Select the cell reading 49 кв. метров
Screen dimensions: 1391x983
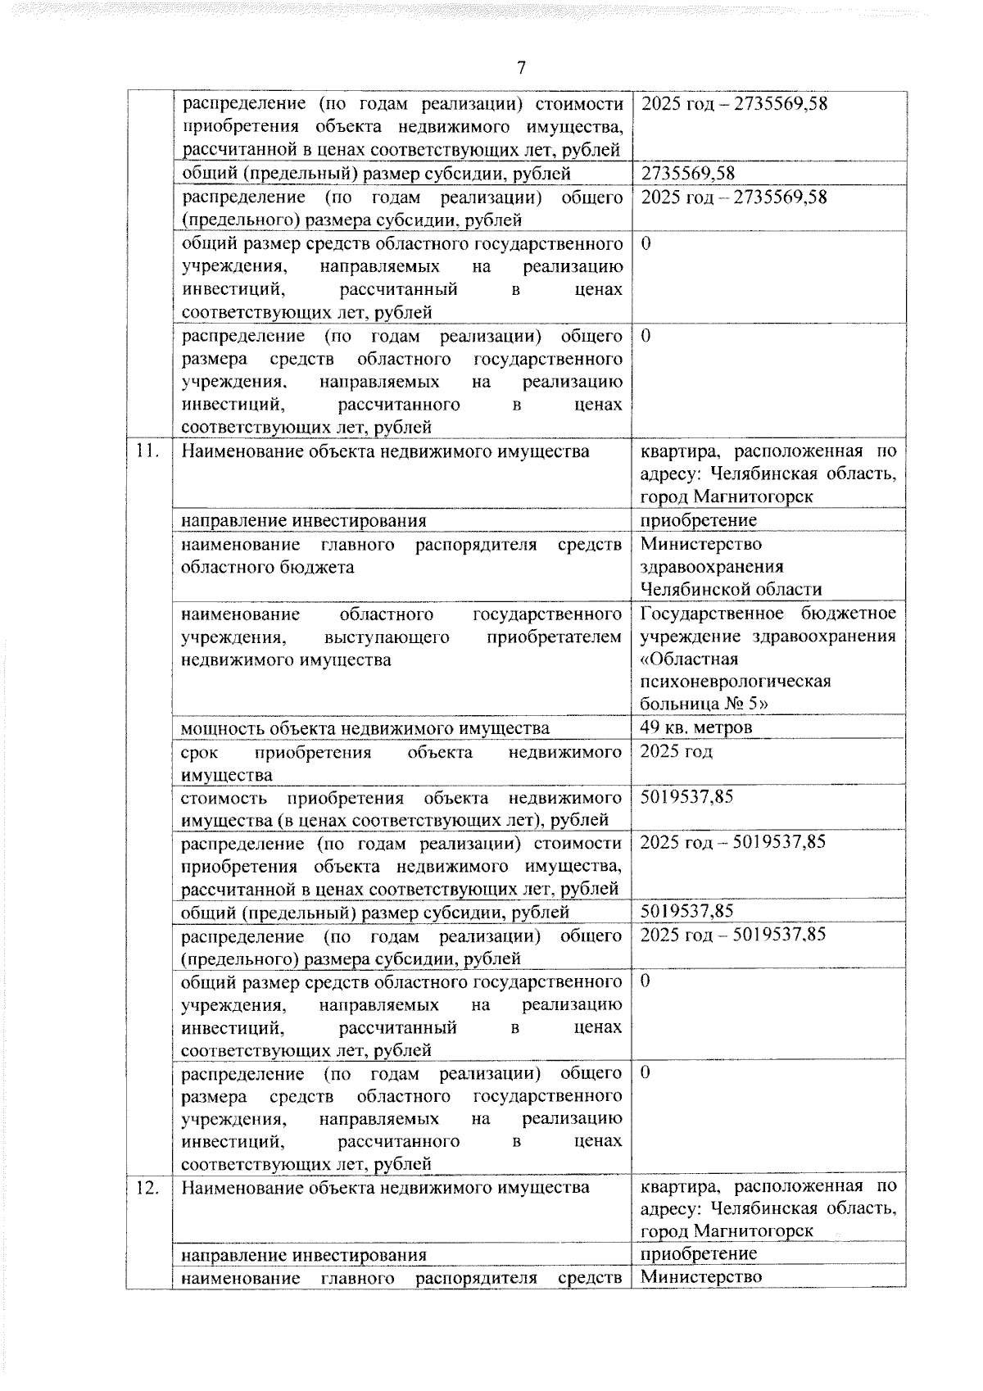point(696,727)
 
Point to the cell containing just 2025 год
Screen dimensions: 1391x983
point(676,751)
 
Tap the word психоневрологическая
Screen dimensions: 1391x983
point(724,682)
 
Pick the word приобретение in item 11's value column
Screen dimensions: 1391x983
point(699,521)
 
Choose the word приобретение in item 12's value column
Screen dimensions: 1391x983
point(699,1254)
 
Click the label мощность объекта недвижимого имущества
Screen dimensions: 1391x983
point(365,728)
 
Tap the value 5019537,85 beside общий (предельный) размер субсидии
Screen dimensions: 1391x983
point(686,912)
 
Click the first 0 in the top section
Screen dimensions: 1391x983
point(646,244)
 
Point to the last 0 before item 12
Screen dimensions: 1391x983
point(646,1072)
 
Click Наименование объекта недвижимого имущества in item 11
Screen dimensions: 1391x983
point(385,451)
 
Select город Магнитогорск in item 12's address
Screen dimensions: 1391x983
point(727,1231)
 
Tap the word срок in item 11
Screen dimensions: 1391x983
point(197,752)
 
